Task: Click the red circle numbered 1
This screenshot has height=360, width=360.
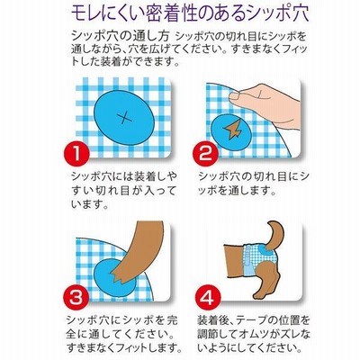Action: (x=76, y=155)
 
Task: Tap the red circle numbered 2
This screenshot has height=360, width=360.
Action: (x=205, y=154)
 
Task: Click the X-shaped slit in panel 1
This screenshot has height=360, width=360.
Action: (x=124, y=118)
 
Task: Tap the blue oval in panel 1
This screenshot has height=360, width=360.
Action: (x=124, y=118)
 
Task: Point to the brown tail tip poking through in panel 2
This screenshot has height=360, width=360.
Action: (x=233, y=130)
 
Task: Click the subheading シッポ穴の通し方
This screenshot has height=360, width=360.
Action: (x=121, y=36)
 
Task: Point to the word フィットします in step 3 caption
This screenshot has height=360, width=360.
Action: (x=145, y=347)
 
